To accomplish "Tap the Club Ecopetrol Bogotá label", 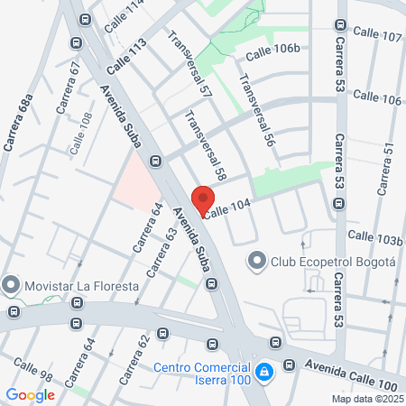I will [333, 263].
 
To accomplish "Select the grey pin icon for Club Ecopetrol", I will [256, 263].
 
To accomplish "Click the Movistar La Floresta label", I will [81, 286].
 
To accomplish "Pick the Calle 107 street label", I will [377, 33].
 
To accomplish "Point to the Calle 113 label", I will [125, 58].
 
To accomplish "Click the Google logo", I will [31, 394].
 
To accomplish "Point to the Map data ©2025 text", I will [366, 399].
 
